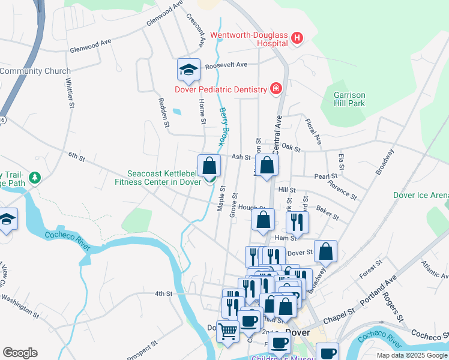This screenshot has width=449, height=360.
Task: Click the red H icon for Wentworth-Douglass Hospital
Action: pos(296,40)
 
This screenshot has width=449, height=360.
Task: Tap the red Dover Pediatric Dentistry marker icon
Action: pos(276,89)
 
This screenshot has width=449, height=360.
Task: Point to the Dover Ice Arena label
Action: pos(420,195)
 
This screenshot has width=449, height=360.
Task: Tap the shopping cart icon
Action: pos(228,331)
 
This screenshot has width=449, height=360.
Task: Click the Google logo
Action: pos(20,353)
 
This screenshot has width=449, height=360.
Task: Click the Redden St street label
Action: pos(162,112)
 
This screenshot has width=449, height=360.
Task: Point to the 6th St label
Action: pos(76,157)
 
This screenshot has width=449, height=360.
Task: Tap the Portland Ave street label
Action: pos(378,290)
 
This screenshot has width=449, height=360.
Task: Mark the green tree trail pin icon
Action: pos(35,178)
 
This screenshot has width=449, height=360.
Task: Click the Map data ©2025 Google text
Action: pos(411,355)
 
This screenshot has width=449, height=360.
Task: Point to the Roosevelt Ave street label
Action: pos(226,65)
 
